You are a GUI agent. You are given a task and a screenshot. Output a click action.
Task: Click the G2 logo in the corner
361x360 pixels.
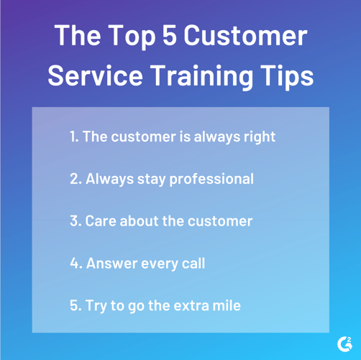tap(344, 343)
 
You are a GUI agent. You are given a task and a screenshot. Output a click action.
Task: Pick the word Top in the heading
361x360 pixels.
tap(127, 35)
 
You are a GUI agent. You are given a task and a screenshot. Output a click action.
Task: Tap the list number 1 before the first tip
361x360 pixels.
tap(73, 136)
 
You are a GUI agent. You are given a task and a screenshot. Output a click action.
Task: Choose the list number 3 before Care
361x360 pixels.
tap(75, 221)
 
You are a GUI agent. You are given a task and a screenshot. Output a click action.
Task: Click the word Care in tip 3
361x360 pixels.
tap(101, 221)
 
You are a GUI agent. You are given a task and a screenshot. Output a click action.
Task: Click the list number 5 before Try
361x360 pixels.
tap(75, 305)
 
